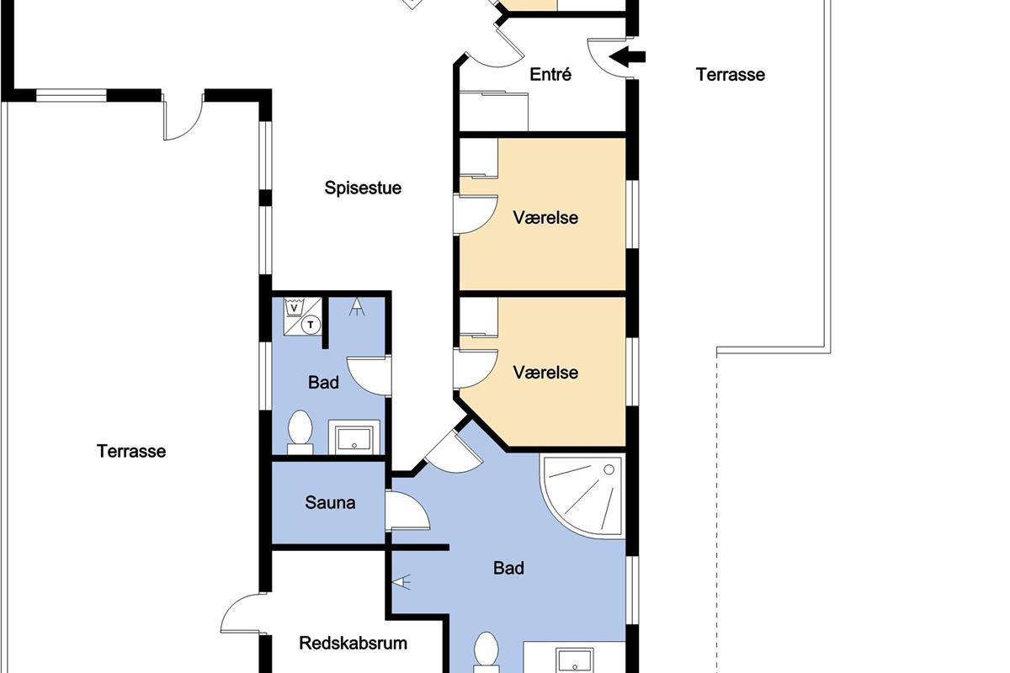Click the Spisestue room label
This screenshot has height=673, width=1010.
(x=363, y=188)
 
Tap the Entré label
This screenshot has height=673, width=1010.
(x=550, y=74)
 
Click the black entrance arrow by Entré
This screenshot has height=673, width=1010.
(x=627, y=57)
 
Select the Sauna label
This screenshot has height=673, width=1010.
(x=330, y=502)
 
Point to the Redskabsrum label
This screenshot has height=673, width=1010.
(x=353, y=644)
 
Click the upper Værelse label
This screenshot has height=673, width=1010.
(x=545, y=218)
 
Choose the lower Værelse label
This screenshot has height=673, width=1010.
(x=545, y=373)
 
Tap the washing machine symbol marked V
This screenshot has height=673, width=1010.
(x=294, y=308)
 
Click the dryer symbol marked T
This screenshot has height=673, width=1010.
(x=311, y=325)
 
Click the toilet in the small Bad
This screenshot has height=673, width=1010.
(x=300, y=432)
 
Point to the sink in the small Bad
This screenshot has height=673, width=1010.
(x=354, y=437)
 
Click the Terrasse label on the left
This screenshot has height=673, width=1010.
(x=131, y=451)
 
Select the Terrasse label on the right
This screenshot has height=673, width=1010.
(x=731, y=75)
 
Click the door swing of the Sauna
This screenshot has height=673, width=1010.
(x=407, y=511)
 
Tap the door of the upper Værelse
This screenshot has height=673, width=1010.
(x=476, y=215)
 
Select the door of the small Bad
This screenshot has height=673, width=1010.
(x=369, y=376)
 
